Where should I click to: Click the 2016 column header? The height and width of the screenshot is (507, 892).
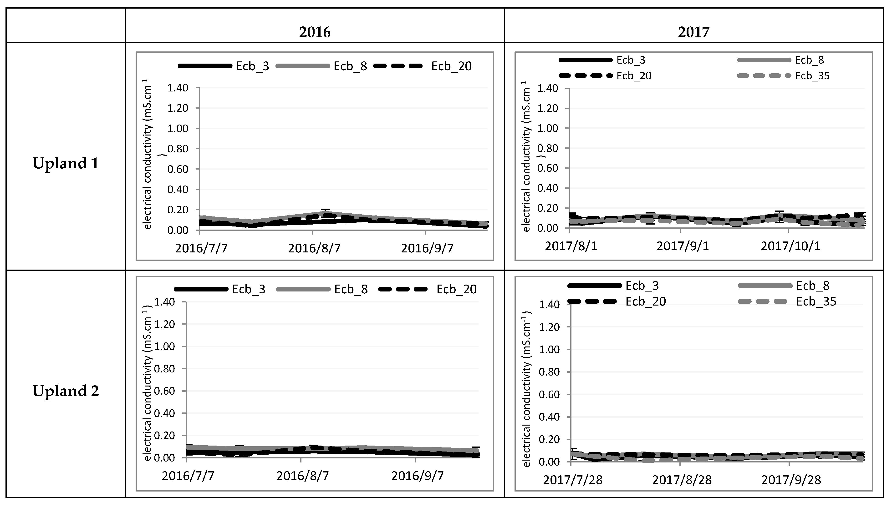[315, 32]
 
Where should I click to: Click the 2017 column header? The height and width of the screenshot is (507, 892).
[693, 32]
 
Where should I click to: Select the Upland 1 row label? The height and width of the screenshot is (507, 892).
[66, 163]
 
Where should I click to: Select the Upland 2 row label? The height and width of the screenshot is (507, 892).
[66, 391]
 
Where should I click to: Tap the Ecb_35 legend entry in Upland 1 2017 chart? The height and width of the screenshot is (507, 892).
[812, 75]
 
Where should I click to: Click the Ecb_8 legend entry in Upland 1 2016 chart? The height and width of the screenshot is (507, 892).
[350, 66]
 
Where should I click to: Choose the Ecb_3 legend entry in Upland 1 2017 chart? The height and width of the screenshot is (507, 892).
[631, 60]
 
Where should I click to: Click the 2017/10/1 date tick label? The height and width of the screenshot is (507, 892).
[790, 246]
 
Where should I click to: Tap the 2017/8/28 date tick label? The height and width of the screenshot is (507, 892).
[682, 480]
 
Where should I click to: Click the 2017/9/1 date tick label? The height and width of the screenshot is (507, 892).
[683, 246]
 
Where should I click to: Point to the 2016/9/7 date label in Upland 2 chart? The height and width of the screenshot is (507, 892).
[417, 476]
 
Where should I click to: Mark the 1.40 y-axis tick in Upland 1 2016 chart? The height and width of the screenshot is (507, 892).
[178, 88]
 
